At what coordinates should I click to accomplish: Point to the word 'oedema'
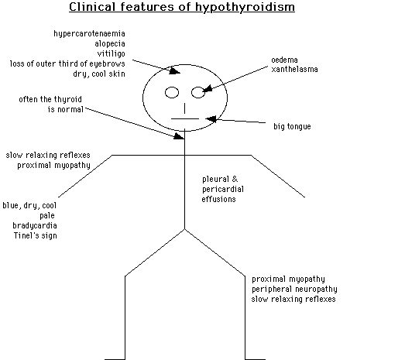click(284, 60)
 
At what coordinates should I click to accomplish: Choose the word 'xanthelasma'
click(294, 70)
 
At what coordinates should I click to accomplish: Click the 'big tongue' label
click(293, 126)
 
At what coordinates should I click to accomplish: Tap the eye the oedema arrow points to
click(197, 94)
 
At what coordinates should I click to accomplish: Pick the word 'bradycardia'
click(34, 225)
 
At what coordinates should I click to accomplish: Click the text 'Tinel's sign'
click(35, 235)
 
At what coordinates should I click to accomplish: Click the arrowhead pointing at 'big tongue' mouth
click(211, 120)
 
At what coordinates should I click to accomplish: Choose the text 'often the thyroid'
click(53, 99)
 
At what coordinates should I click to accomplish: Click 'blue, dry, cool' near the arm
click(29, 205)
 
